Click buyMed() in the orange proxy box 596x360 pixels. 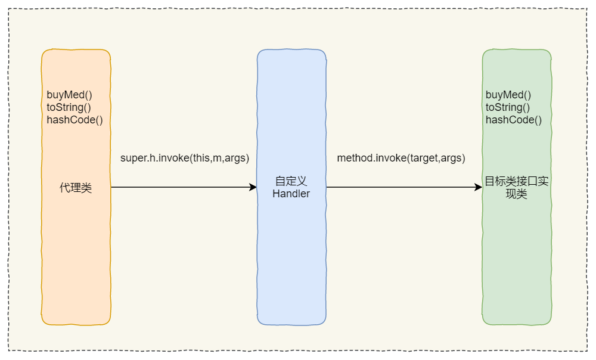click(x=69, y=95)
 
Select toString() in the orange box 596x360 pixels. click(x=69, y=107)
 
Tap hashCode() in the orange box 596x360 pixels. click(x=74, y=120)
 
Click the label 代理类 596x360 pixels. click(x=76, y=188)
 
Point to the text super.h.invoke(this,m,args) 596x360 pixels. click(x=185, y=159)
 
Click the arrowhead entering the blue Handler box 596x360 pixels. click(x=253, y=187)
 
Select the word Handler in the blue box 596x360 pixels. click(x=291, y=194)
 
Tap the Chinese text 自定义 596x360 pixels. click(x=291, y=181)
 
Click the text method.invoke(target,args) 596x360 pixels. click(x=401, y=159)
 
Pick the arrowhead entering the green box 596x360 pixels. click(x=478, y=187)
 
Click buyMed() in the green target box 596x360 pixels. click(x=508, y=95)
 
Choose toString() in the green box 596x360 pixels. click(x=508, y=107)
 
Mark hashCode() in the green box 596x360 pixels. click(x=514, y=120)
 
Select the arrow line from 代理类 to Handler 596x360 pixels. click(x=179, y=187)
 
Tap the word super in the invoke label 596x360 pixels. click(x=133, y=159)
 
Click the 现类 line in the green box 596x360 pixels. click(x=516, y=194)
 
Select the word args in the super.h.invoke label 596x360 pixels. click(x=235, y=159)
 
